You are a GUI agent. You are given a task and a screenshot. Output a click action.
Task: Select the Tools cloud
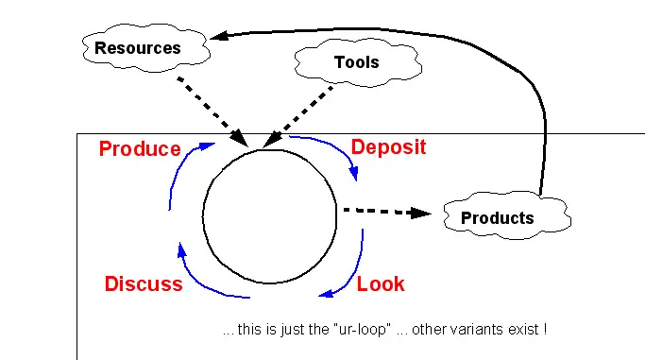point(356,62)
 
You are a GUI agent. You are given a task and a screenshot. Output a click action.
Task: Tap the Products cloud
point(498,217)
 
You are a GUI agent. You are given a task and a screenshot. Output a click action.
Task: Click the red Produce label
point(140,148)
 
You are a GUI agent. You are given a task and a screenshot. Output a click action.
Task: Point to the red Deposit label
point(388,146)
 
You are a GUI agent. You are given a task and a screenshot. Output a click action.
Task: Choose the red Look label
point(381,283)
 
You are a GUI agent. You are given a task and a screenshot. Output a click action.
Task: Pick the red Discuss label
point(144,283)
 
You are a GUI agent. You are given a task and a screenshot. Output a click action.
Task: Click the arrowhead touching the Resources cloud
point(218,37)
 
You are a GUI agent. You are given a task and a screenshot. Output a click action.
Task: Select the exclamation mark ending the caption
point(546,332)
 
